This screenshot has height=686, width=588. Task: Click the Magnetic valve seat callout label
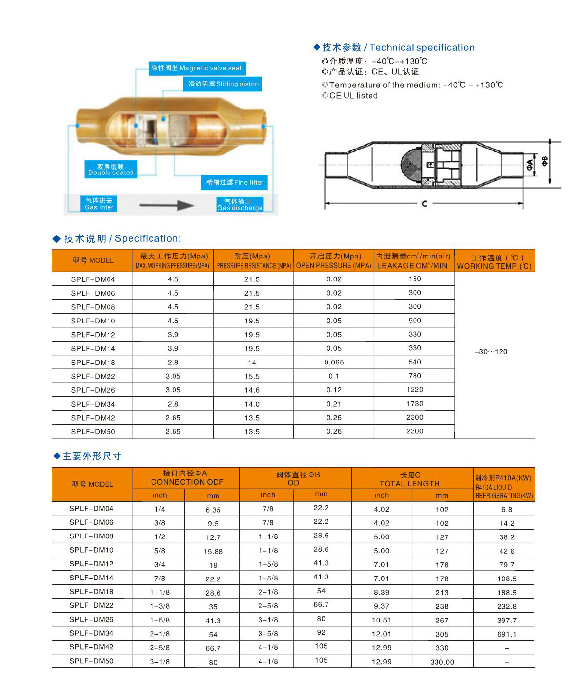(196, 68)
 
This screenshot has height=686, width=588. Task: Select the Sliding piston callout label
(223, 84)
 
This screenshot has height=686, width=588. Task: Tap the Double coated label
(111, 170)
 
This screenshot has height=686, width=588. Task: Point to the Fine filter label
(235, 182)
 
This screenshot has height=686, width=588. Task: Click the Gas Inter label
(99, 204)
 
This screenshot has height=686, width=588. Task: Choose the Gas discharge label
(240, 205)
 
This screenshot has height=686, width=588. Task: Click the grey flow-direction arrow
(166, 205)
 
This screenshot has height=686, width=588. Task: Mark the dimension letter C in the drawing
(424, 203)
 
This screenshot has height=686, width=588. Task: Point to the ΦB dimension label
(545, 161)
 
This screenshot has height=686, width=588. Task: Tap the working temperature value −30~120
(491, 352)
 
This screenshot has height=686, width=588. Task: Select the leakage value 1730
(414, 404)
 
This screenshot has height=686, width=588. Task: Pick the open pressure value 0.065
(334, 363)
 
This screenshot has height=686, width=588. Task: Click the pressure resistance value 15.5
(252, 376)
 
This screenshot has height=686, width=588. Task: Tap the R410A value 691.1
(506, 634)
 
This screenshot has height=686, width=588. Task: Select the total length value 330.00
(442, 662)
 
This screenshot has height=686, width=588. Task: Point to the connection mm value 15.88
(213, 551)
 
